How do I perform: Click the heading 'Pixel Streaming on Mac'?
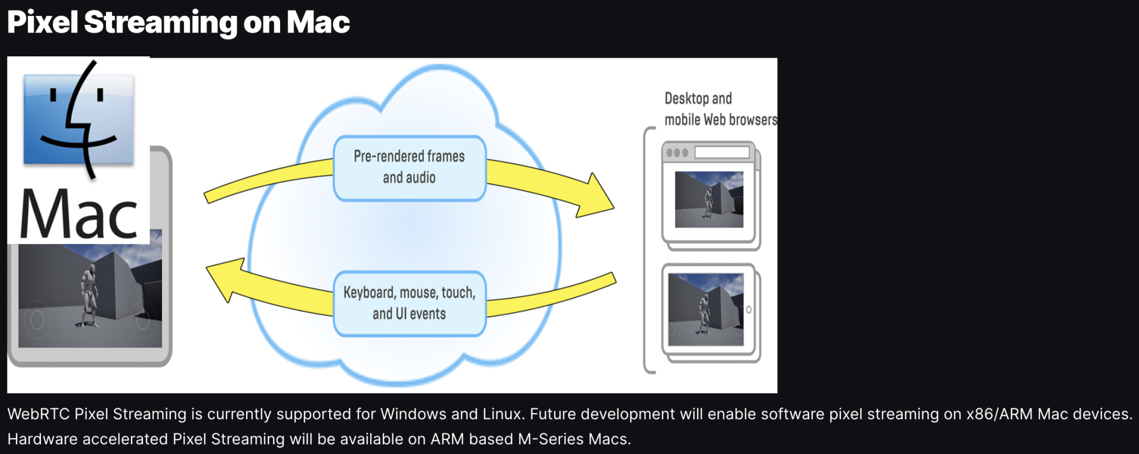pos(178,23)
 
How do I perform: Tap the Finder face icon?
pos(79,120)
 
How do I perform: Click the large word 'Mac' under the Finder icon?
pos(79,215)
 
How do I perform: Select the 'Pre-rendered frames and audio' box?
pos(409,167)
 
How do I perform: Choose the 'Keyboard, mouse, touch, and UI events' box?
pos(409,303)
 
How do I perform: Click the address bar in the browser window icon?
pos(722,153)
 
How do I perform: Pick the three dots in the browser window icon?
pos(677,153)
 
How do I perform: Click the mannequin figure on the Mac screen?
pos(88,295)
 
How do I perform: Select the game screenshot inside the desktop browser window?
pos(709,199)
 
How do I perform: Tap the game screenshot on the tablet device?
pos(706,309)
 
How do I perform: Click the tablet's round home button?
pos(749,309)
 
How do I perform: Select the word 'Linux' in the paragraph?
pos(502,414)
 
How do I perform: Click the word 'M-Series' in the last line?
pos(551,439)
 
